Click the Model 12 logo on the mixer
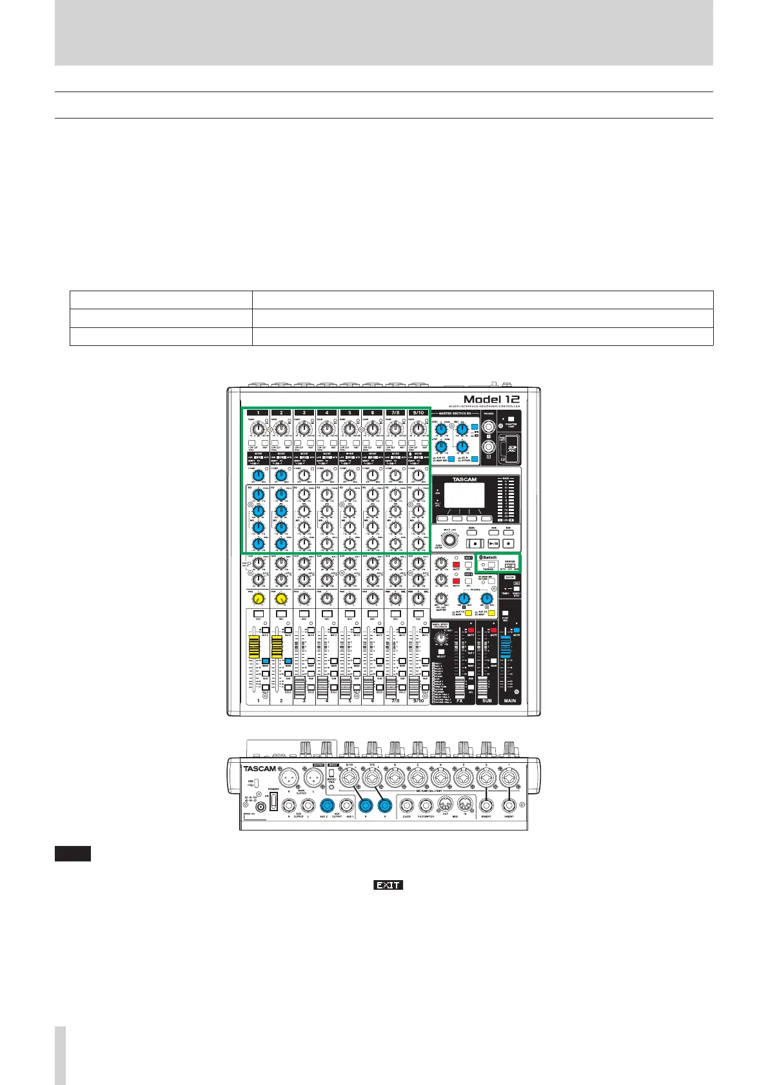coord(491,399)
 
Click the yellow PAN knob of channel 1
coord(259,599)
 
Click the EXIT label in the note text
coord(388,885)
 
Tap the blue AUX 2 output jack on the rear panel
coord(328,805)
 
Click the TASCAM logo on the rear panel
coord(260,769)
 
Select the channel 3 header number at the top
coord(304,412)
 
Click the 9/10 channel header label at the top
coord(418,412)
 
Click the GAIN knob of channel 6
coord(372,429)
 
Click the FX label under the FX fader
coord(460,700)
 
